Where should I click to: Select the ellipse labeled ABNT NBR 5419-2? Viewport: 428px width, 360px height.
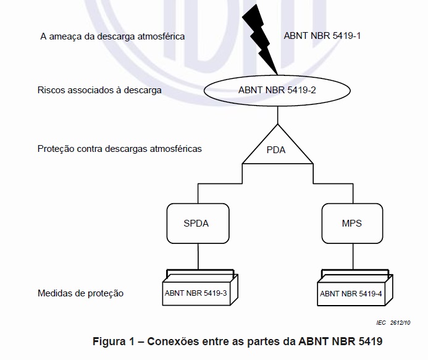[277, 90]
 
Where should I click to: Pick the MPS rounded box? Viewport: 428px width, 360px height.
[352, 224]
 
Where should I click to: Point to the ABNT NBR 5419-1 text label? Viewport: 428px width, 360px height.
[322, 36]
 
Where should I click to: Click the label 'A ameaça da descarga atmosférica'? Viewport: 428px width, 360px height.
[112, 37]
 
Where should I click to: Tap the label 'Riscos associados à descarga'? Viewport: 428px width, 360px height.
[99, 90]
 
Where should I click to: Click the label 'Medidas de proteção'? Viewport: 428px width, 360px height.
[80, 293]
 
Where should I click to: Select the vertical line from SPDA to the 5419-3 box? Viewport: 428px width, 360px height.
[198, 256]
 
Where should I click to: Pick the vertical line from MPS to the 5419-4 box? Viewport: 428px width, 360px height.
[352, 256]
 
